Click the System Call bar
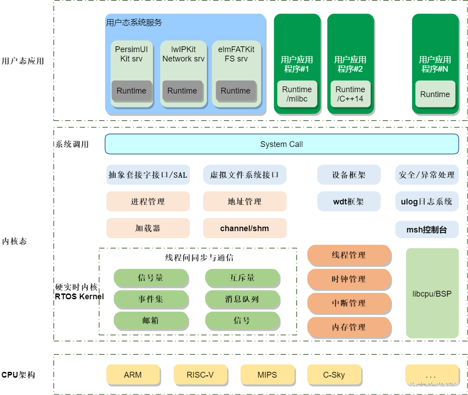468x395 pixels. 282,144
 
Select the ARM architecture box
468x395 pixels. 133,375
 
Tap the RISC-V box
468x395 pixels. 200,375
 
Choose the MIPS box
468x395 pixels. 267,375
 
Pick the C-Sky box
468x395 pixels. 334,375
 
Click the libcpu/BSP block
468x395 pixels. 432,293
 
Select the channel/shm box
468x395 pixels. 245,228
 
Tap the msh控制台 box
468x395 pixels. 427,230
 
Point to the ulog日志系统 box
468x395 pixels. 427,202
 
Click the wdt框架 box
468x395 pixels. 349,202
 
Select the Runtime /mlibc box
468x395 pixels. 297,94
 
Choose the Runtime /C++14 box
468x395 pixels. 351,94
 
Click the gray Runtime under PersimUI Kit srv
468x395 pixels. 132,91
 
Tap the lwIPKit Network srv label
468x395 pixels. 183,54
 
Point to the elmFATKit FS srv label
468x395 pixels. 236,54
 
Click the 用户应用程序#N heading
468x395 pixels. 435,64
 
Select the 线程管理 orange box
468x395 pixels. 349,255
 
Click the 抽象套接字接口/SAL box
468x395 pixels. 148,175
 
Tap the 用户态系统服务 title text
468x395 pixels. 134,23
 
